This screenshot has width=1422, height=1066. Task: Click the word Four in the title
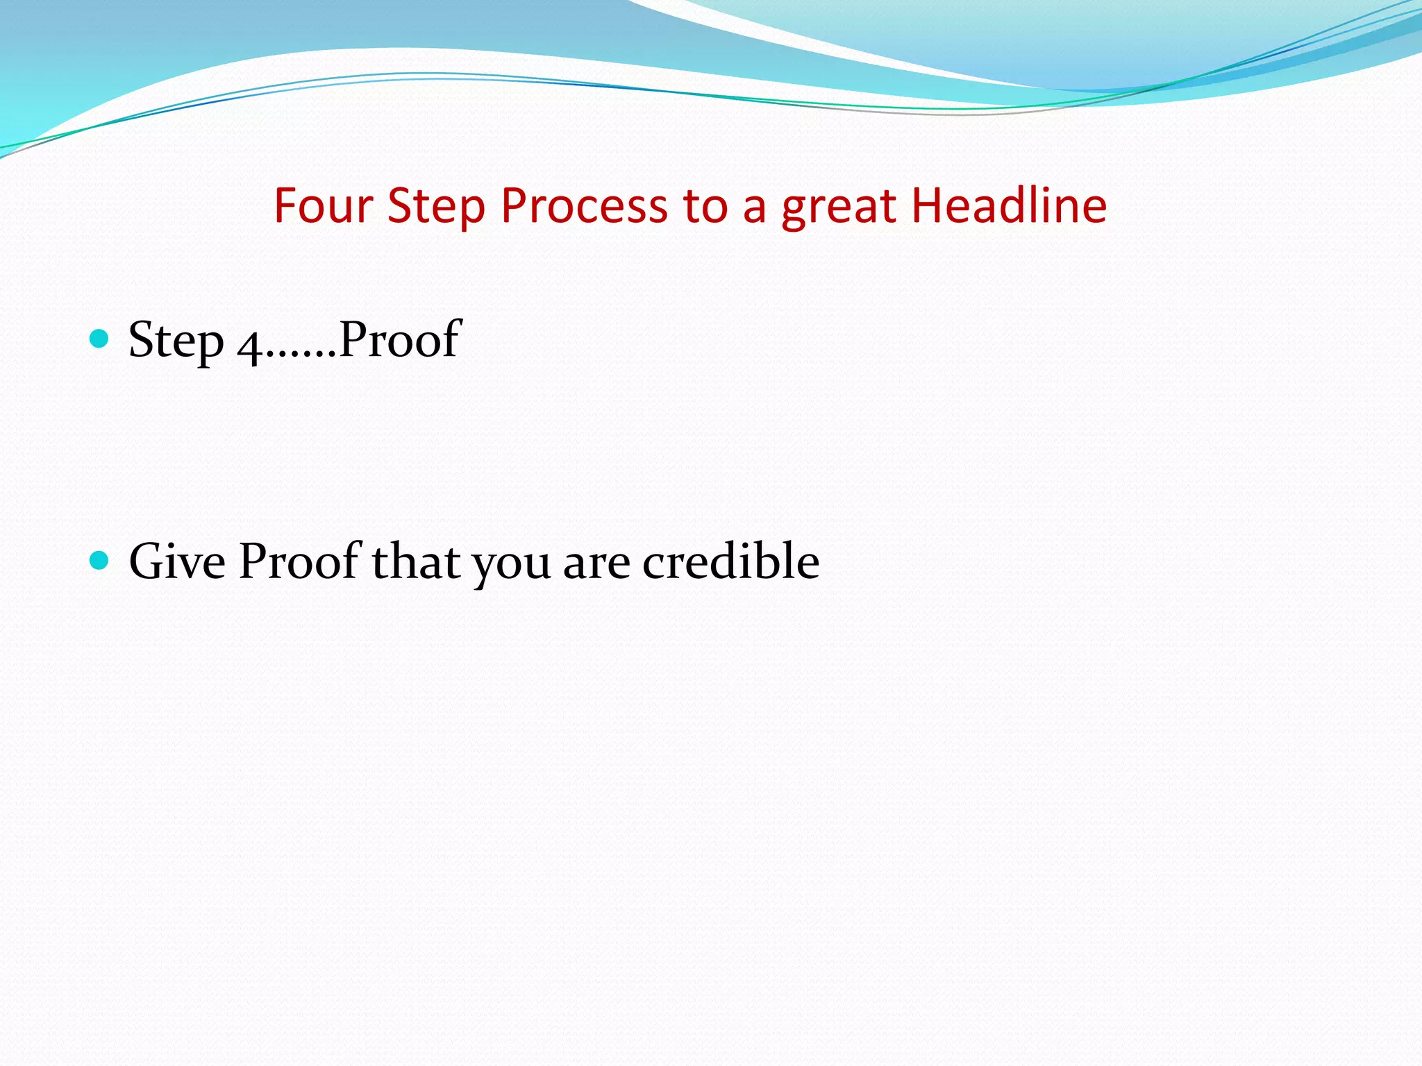coord(324,206)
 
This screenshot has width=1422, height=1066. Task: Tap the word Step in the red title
coord(435,206)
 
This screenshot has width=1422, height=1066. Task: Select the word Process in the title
coord(584,206)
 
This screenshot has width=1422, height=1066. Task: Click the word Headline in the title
coord(1008,206)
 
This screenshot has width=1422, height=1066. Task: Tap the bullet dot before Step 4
coord(100,339)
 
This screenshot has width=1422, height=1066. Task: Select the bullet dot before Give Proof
coord(100,560)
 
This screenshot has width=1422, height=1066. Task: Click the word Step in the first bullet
coord(176,340)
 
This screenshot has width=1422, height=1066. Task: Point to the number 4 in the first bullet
coord(249,344)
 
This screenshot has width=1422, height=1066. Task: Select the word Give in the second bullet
coord(178,561)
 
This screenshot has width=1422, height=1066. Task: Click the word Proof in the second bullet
coord(299,561)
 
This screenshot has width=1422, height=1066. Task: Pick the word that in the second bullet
coord(416,561)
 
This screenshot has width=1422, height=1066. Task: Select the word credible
coord(730,561)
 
